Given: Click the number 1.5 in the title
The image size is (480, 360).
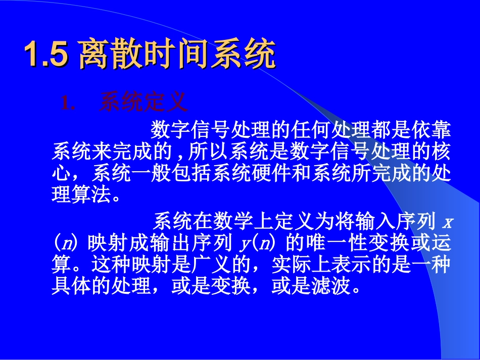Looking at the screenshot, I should tap(45, 55).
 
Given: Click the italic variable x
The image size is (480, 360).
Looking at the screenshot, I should tap(446, 223).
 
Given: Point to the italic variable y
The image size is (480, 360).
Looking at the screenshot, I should tap(246, 244).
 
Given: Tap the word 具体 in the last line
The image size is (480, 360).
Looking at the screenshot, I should tap(72, 286).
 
